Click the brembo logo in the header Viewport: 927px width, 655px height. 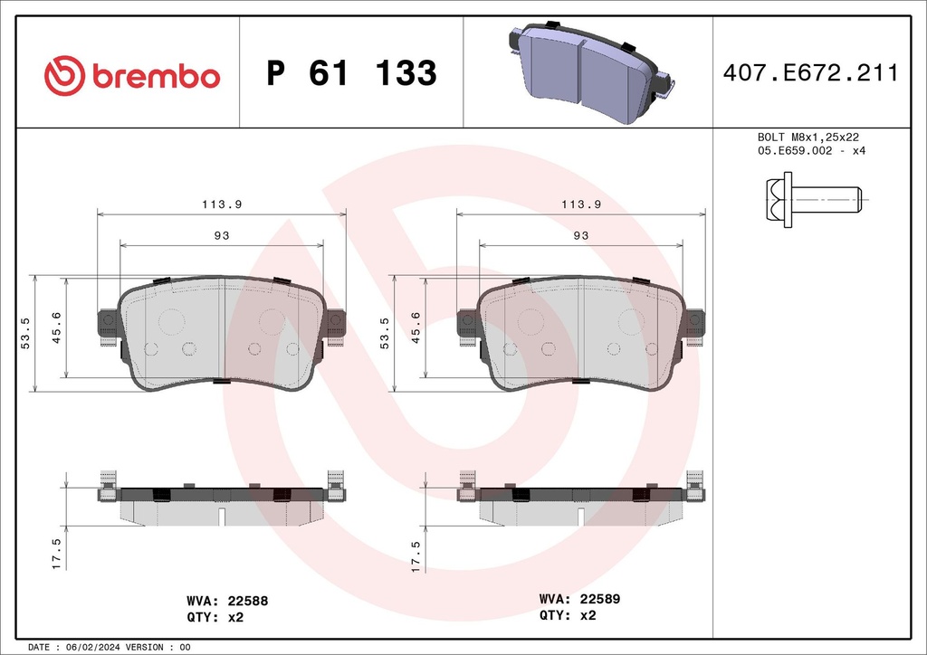pyautogui.click(x=132, y=75)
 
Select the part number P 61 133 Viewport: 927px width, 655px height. pyautogui.click(x=351, y=74)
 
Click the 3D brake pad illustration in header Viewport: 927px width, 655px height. pyautogui.click(x=588, y=72)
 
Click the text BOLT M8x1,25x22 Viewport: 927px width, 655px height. pyautogui.click(x=808, y=137)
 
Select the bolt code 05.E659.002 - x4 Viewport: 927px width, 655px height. pyautogui.click(x=811, y=150)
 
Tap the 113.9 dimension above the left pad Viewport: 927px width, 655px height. pyautogui.click(x=221, y=204)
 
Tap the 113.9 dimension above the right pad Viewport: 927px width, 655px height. pyautogui.click(x=580, y=204)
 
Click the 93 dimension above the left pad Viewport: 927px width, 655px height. pyautogui.click(x=221, y=235)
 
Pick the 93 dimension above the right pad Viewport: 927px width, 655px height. pyautogui.click(x=580, y=235)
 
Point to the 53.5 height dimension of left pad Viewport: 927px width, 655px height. pyautogui.click(x=25, y=333)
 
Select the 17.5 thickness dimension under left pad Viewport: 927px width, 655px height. pyautogui.click(x=56, y=554)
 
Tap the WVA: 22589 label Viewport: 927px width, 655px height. pyautogui.click(x=579, y=599)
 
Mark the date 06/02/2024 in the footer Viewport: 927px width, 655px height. pyautogui.click(x=88, y=648)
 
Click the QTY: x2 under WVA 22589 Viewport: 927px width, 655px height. pyautogui.click(x=568, y=615)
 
